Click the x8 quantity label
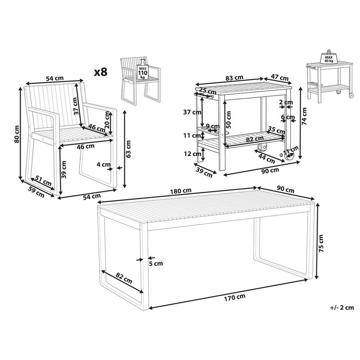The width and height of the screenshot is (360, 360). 101,72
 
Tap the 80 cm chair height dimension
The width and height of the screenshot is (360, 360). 16,134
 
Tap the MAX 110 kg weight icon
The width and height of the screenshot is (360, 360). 142,72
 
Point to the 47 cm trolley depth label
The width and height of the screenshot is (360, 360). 280,77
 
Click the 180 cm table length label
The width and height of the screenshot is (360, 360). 181,191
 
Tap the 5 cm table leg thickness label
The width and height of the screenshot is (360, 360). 156,263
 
